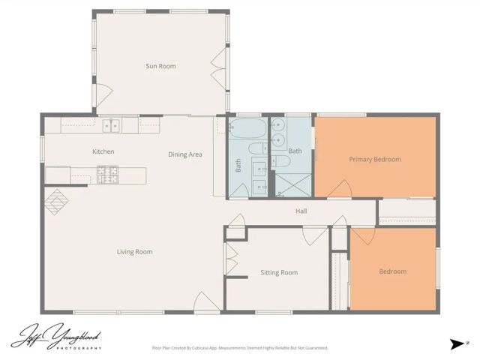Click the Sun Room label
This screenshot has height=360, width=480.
(160, 66)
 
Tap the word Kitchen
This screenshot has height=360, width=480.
(103, 151)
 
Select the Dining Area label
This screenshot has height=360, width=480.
(185, 154)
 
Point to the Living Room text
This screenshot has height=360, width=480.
(134, 251)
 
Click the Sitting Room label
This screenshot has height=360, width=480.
(279, 272)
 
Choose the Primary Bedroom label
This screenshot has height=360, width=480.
(375, 159)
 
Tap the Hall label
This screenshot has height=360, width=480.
(301, 211)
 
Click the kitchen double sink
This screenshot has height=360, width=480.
(112, 125)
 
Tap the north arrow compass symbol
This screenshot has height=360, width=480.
(457, 343)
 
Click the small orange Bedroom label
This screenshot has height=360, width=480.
(392, 271)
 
